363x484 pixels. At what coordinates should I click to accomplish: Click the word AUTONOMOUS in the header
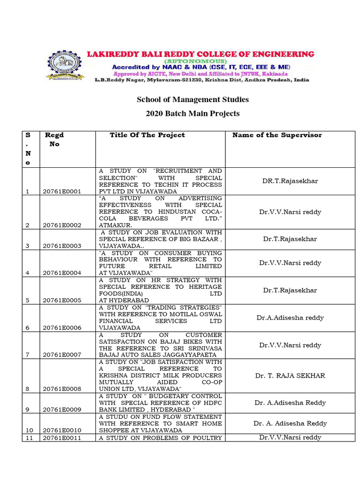click(x=194, y=61)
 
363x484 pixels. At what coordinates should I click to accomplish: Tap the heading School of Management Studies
click(x=192, y=99)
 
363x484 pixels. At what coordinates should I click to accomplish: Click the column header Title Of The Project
click(x=147, y=135)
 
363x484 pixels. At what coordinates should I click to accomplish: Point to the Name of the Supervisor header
click(x=277, y=135)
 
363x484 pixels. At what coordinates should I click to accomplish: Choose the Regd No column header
click(x=54, y=139)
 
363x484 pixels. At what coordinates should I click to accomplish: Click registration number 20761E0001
click(x=62, y=191)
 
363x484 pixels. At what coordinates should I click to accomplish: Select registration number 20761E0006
click(x=62, y=328)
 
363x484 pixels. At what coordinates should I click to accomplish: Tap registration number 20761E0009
click(x=62, y=409)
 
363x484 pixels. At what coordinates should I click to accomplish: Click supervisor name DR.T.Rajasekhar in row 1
click(x=290, y=181)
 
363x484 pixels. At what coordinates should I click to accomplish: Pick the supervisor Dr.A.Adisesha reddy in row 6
click(x=290, y=318)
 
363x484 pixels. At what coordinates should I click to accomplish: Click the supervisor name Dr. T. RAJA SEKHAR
click(x=290, y=376)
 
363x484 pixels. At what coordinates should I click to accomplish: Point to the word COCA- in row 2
click(x=211, y=212)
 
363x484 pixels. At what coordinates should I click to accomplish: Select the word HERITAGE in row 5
click(x=205, y=287)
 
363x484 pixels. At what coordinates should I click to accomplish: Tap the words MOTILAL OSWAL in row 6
click(x=198, y=314)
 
